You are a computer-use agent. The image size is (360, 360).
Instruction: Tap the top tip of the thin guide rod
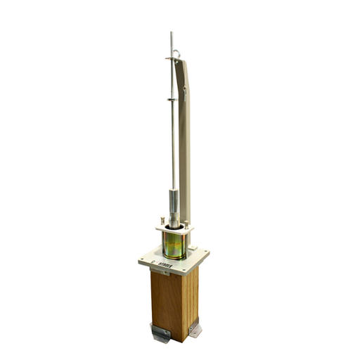coord(170,33)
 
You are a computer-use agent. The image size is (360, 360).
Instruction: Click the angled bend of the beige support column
coord(187,88)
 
